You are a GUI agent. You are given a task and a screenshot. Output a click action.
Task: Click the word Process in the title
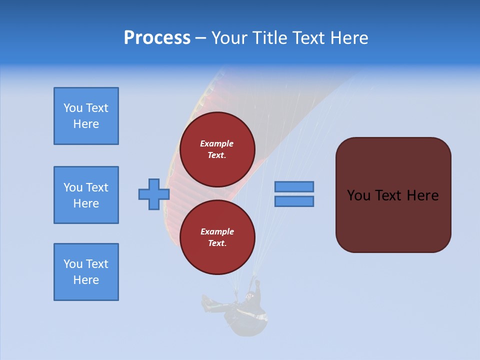(157, 37)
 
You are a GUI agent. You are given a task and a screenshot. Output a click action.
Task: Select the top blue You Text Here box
(86, 116)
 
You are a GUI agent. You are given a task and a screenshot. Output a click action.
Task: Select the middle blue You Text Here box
(86, 195)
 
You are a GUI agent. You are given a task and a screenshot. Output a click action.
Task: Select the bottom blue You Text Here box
(86, 272)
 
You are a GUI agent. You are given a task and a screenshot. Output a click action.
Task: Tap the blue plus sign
(154, 194)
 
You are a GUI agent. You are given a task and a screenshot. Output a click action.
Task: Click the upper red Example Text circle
(217, 149)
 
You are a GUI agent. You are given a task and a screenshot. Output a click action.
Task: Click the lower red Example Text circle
(217, 237)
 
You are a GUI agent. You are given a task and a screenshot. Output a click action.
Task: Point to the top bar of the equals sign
(294, 186)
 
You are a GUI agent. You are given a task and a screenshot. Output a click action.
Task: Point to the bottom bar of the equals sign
(294, 201)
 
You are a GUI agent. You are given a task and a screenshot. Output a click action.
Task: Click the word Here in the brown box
(422, 195)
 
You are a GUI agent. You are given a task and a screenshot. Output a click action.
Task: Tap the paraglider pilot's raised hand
(257, 283)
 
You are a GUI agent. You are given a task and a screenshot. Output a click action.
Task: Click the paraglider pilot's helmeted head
(248, 296)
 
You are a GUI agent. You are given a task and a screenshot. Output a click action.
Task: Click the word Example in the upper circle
(217, 143)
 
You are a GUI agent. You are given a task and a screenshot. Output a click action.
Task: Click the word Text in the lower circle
(216, 243)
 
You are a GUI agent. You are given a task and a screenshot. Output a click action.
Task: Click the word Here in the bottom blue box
(86, 280)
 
